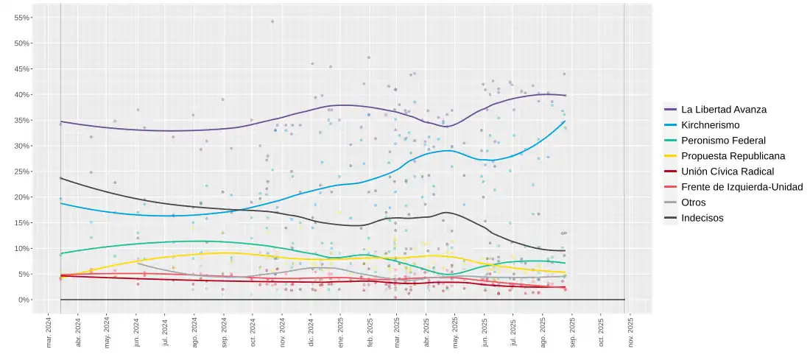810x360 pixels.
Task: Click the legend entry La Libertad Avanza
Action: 723,110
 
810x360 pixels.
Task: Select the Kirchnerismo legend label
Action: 711,125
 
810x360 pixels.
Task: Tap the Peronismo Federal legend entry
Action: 723,141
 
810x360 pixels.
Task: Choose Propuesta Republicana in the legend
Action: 733,156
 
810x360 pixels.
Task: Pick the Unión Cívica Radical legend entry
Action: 728,172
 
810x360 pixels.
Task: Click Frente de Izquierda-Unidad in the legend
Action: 742,187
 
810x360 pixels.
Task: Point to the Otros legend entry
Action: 693,202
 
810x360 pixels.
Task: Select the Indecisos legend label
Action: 702,218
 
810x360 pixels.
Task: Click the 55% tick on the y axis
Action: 22,18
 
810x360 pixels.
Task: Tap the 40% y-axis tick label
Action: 22,95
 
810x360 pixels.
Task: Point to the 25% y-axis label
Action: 22,172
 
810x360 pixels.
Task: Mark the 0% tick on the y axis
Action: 24,300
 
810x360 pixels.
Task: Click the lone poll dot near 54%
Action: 272,21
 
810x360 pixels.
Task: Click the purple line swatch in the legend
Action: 671,110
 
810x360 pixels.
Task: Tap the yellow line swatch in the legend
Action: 671,156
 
